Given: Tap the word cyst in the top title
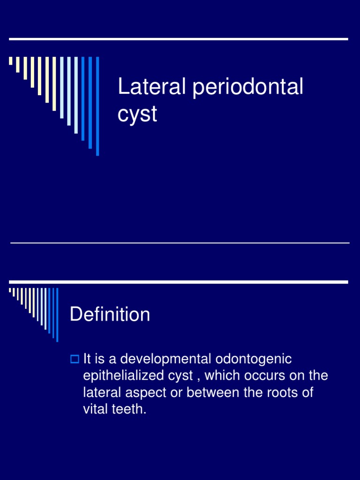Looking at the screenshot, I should (137, 114).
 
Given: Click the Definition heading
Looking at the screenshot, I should (110, 315).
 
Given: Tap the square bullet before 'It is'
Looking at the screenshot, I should (74, 360).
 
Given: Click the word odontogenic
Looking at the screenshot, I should (254, 360).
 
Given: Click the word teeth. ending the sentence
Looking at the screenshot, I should (129, 409).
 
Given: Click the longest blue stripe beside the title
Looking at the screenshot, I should (97, 106).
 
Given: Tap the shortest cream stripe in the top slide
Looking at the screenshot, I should (10, 60).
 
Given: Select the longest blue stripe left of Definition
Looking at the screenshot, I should (57, 315).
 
